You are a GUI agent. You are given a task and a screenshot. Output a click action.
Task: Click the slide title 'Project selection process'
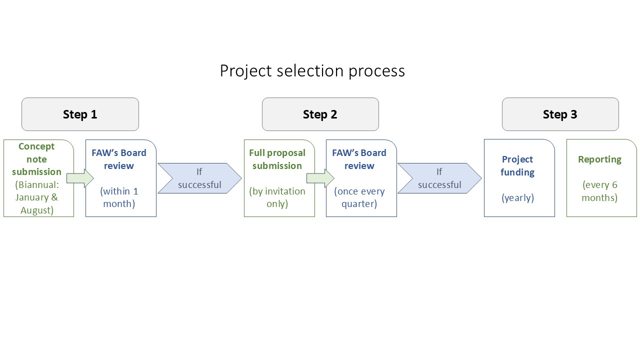(312, 71)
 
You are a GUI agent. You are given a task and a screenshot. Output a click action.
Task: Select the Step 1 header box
(80, 114)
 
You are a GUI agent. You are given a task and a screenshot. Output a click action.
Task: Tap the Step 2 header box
(320, 114)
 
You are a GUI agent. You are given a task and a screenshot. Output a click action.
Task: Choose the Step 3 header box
(560, 114)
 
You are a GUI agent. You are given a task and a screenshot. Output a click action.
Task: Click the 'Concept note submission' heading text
(36, 159)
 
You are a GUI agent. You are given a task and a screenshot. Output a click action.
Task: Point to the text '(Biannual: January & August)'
(37, 197)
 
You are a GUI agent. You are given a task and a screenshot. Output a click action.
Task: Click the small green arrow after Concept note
(80, 178)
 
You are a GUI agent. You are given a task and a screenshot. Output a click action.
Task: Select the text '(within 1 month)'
(119, 197)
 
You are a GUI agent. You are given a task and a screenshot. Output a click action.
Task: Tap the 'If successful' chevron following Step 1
(199, 178)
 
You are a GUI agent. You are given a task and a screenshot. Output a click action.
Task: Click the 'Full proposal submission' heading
(277, 159)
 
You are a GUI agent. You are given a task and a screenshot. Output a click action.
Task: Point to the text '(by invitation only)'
(277, 197)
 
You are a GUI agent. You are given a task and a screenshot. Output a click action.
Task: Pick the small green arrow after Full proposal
(320, 178)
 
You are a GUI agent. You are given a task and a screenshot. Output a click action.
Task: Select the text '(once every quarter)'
(359, 197)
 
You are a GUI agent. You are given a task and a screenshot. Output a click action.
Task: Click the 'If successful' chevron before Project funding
(439, 178)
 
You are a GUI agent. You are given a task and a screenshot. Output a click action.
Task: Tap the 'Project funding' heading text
(517, 165)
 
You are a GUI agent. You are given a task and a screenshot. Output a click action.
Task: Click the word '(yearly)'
(517, 197)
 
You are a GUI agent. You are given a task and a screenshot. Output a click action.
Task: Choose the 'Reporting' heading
(599, 159)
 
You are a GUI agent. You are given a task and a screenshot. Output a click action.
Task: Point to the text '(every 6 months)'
(599, 191)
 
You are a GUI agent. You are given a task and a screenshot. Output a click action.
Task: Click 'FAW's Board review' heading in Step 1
(119, 159)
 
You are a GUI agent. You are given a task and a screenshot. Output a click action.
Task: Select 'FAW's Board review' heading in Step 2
(359, 159)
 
